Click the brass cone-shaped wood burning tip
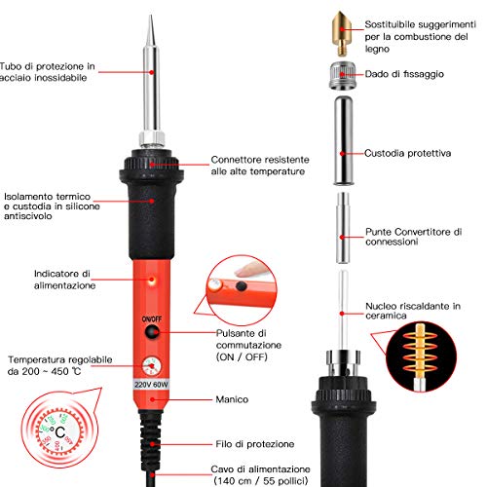(x=341, y=33)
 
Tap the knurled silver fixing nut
(x=343, y=76)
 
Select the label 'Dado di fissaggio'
(x=404, y=74)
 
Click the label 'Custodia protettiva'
(x=407, y=153)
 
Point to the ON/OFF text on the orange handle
(x=152, y=319)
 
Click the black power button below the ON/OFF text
(x=152, y=332)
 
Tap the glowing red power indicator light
(x=152, y=280)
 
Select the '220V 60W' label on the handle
(x=151, y=385)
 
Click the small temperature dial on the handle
(x=151, y=366)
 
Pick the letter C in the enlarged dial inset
(x=60, y=432)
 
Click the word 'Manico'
(x=232, y=399)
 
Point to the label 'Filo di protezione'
(x=255, y=444)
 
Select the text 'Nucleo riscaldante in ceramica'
(x=413, y=311)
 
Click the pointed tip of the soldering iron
(x=150, y=15)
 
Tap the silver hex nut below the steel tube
(x=152, y=138)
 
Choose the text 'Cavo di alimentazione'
(x=260, y=469)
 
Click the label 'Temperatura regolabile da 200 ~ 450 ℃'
(x=60, y=365)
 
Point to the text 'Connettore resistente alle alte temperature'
(x=260, y=166)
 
